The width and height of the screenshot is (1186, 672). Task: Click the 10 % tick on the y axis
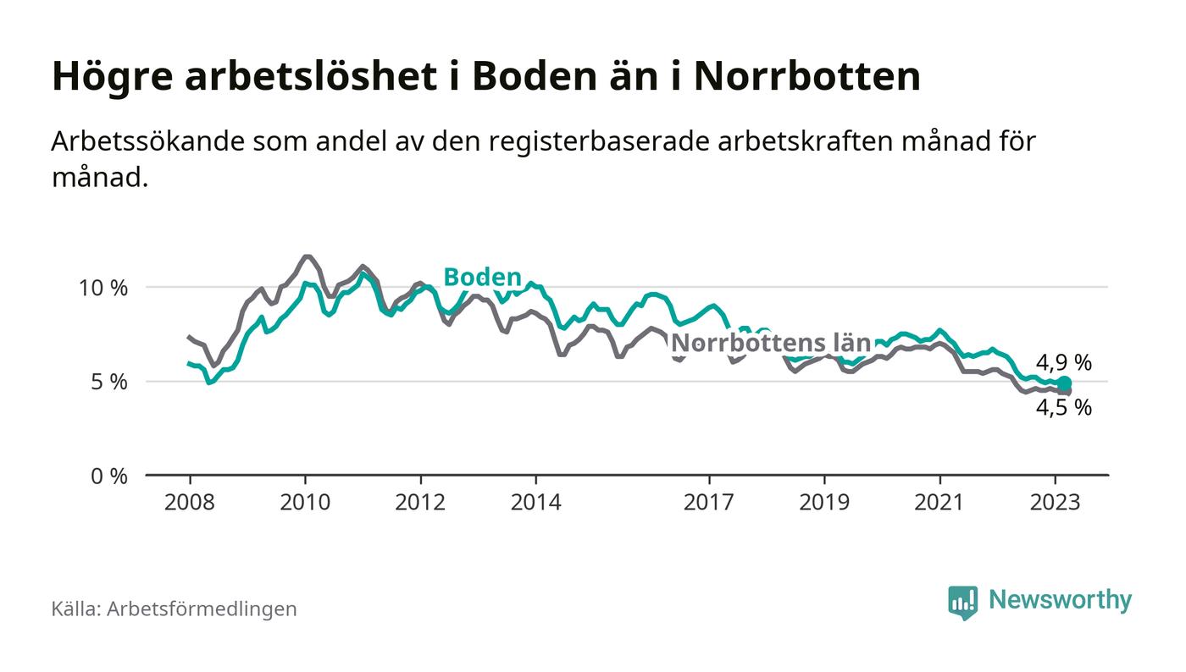[x=103, y=288]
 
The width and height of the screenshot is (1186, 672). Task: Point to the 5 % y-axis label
[x=108, y=382]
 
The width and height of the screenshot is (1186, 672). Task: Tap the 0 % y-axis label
[x=108, y=476]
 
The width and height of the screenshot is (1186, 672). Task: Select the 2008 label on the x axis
[x=189, y=502]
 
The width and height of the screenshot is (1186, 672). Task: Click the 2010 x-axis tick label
[x=304, y=502]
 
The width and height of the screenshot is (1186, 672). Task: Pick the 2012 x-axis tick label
[x=420, y=502]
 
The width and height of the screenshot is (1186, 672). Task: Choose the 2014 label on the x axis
[x=535, y=502]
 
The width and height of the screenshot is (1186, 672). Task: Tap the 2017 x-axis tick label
[x=708, y=502]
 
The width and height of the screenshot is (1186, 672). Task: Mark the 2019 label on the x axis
[x=824, y=502]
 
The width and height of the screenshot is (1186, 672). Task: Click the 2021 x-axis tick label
[x=939, y=502]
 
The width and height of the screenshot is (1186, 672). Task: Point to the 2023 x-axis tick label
[x=1056, y=502]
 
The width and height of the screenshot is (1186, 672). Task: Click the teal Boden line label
[x=482, y=277]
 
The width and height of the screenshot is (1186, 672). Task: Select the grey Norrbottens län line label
[x=771, y=343]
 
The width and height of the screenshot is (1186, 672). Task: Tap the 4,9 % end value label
[x=1064, y=363]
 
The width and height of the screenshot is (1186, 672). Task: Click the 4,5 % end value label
[x=1064, y=408]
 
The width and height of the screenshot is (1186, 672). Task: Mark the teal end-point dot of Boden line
[x=1064, y=383]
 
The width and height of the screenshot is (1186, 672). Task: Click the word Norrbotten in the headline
[x=806, y=76]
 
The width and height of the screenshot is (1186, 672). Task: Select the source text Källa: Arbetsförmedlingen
[x=174, y=609]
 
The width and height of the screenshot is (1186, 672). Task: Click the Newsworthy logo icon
[x=962, y=602]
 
